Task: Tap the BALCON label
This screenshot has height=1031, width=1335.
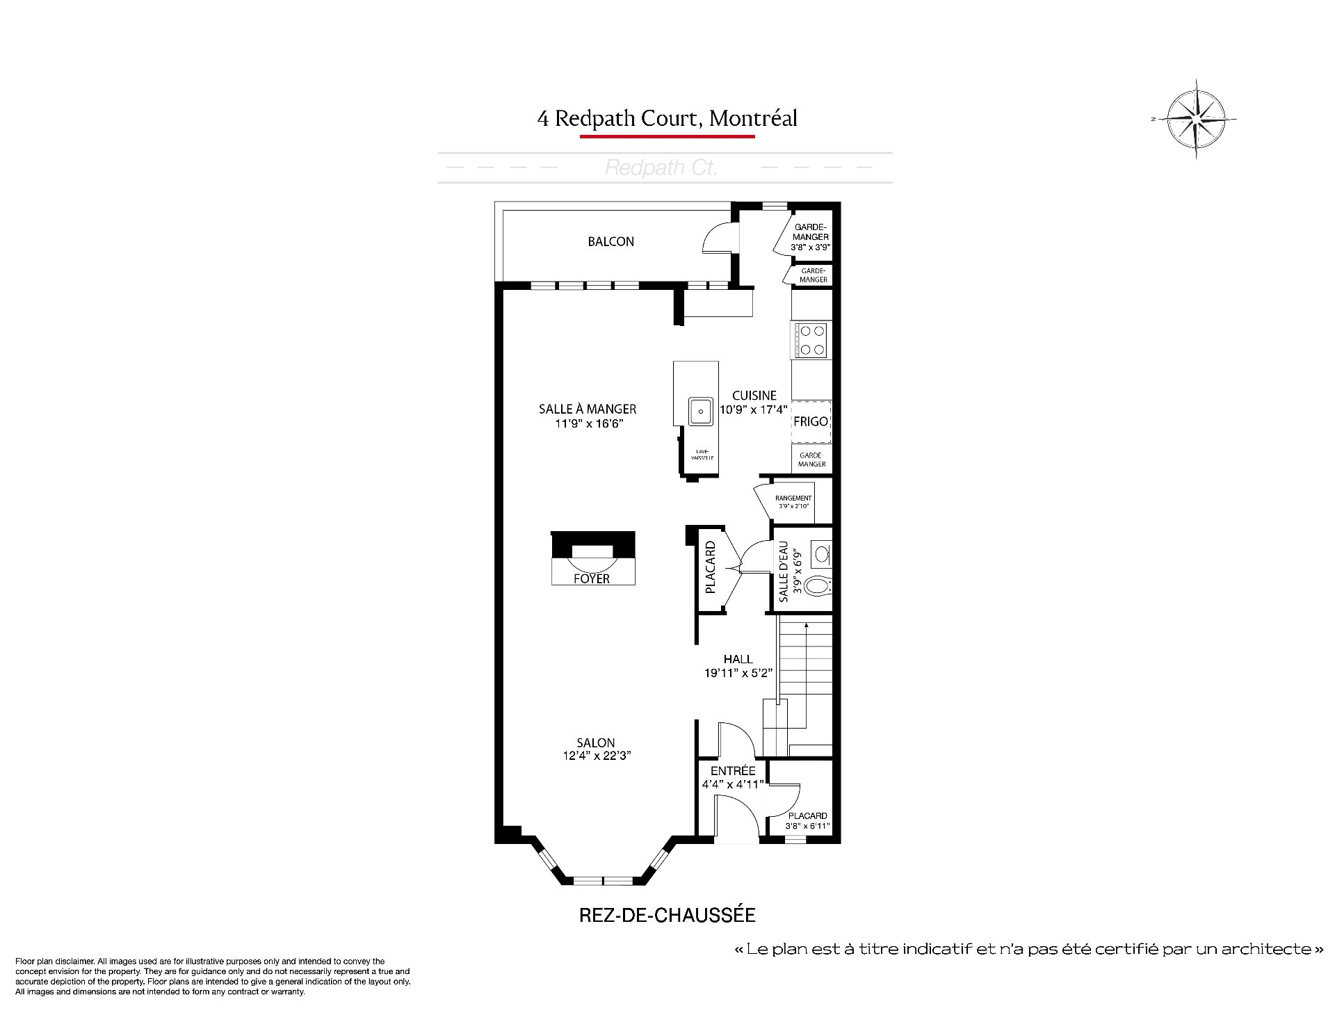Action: coord(610,242)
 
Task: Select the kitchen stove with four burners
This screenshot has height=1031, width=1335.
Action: coord(811,341)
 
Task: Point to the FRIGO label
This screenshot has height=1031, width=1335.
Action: coord(811,421)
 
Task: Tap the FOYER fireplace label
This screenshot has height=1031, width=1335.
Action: coord(592,578)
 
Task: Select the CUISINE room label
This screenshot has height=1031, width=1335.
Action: coord(754,396)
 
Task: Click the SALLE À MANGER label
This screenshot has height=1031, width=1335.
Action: coord(588,409)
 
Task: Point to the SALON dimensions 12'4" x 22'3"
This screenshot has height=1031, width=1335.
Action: coord(597,756)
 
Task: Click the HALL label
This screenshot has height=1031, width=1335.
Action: coord(738,659)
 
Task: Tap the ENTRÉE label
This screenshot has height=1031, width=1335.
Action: coord(733,771)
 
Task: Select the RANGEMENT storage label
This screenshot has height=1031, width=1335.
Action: coord(793,498)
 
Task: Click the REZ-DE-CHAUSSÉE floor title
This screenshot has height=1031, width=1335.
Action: coord(667,915)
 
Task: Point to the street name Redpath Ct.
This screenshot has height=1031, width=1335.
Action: coord(661,168)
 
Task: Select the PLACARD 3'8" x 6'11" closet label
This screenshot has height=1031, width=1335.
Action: coord(807,821)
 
